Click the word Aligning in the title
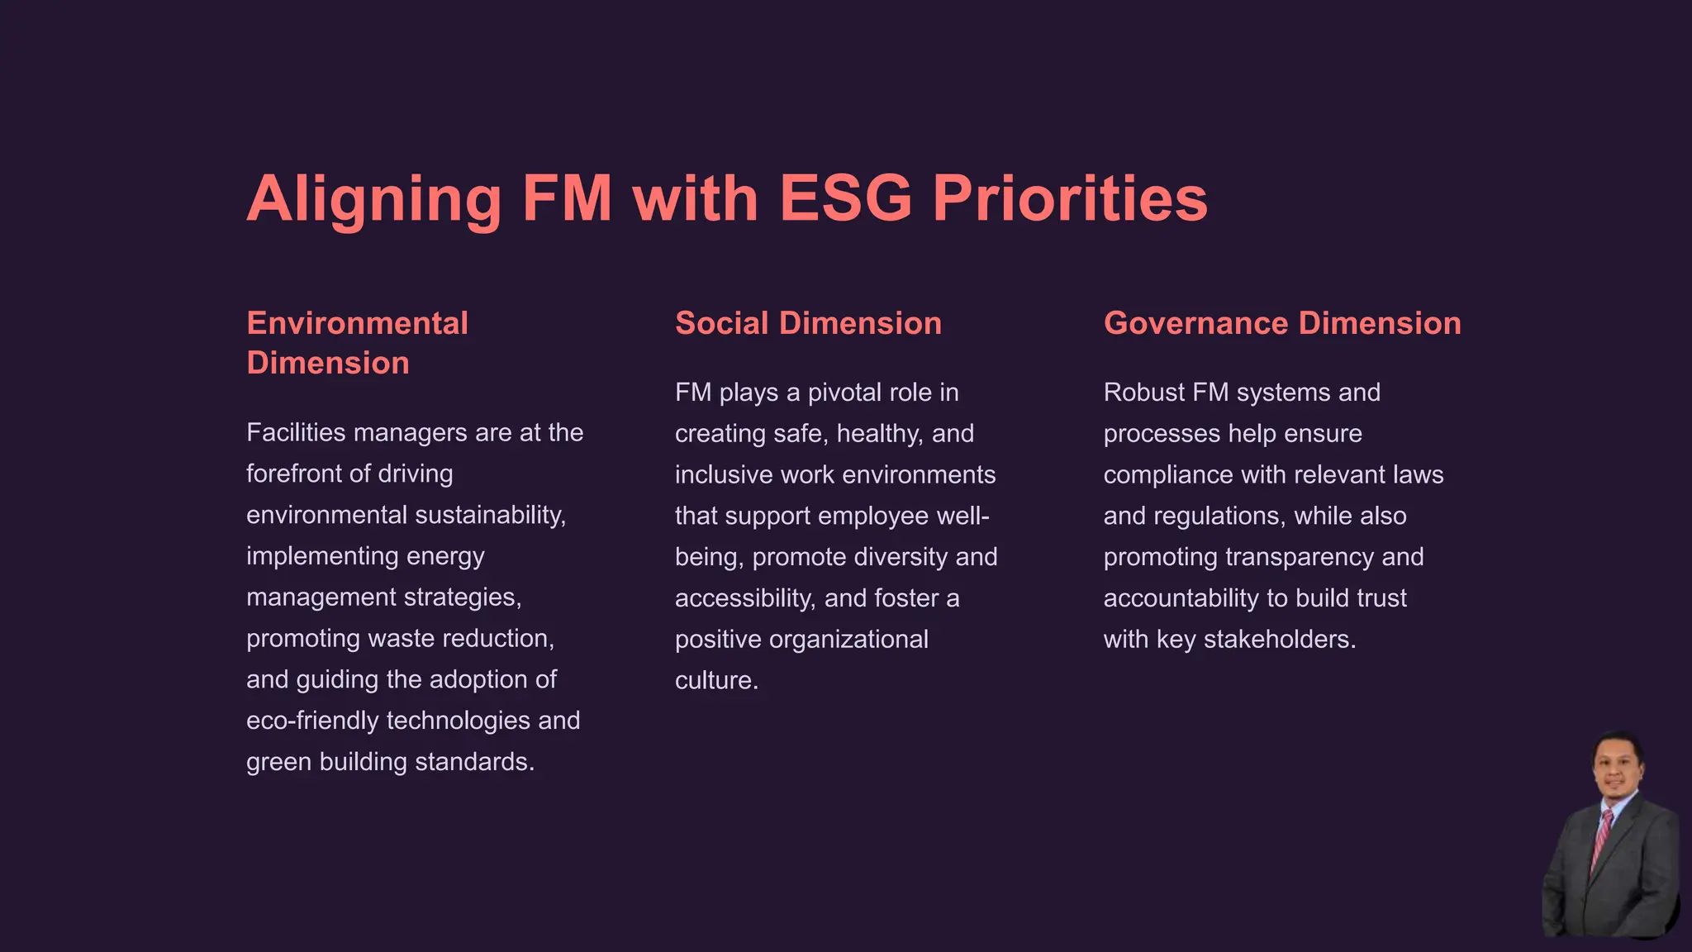pos(373,199)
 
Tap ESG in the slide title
pos(844,199)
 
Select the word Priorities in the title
pos(1070,199)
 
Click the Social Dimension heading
pos(808,323)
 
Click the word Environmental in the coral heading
pos(357,323)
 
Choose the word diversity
pos(901,557)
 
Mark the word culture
pos(715,680)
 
